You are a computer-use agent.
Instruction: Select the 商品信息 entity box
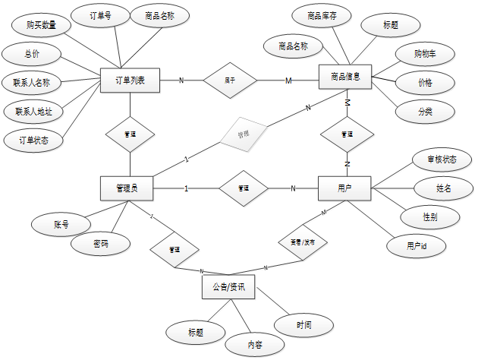pyautogui.click(x=350, y=77)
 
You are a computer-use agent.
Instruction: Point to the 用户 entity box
pyautogui.click(x=345, y=188)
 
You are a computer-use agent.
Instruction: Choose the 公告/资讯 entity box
pyautogui.click(x=228, y=286)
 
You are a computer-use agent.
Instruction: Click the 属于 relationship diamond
pyautogui.click(x=230, y=81)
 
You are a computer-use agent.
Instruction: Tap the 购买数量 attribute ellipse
pyautogui.click(x=40, y=25)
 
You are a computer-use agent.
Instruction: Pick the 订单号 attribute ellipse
pyautogui.click(x=99, y=14)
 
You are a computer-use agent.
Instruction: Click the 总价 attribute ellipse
pyautogui.click(x=30, y=55)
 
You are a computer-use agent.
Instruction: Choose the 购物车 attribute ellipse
pyautogui.click(x=425, y=54)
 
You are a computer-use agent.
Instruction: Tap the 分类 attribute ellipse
pyautogui.click(x=425, y=110)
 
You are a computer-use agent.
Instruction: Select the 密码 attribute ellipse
pyautogui.click(x=101, y=244)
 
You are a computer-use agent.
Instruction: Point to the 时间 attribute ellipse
pyautogui.click(x=304, y=325)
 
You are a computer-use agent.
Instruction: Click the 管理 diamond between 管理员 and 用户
pyautogui.click(x=244, y=188)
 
